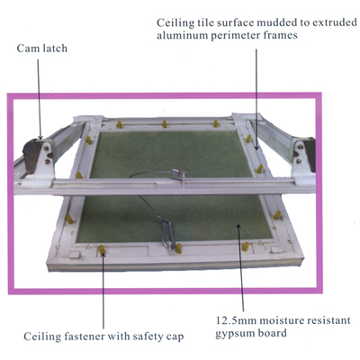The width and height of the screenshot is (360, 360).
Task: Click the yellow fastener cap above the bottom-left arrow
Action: click(x=103, y=250)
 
